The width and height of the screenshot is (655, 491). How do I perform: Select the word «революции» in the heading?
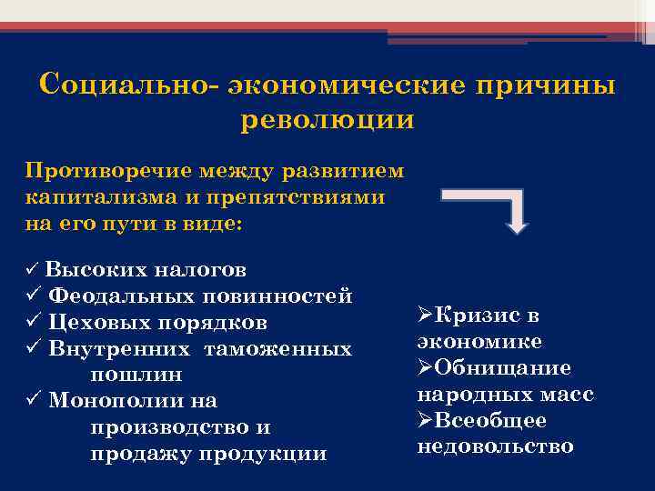point(327,120)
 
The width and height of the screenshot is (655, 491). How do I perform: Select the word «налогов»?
point(199,270)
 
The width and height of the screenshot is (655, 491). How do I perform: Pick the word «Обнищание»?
point(502,368)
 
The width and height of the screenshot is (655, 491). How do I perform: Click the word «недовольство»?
point(496,446)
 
